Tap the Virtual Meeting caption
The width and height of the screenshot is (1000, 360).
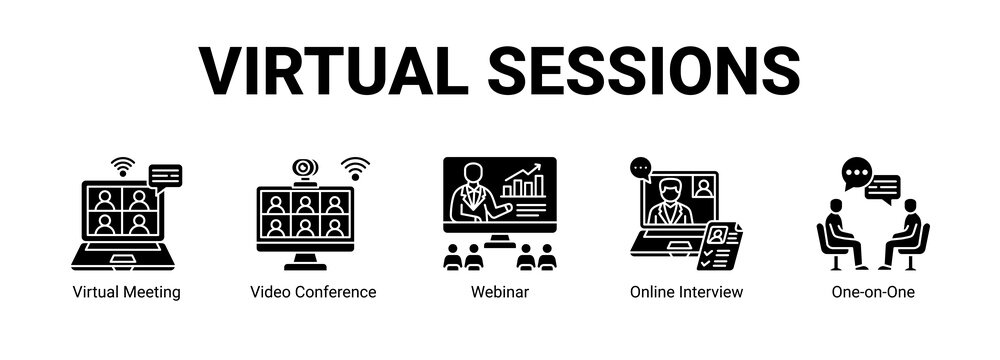coord(127,292)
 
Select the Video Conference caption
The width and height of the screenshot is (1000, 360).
coord(313,292)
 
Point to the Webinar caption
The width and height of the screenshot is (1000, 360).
coord(499,292)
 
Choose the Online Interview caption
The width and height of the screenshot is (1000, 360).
coord(686,292)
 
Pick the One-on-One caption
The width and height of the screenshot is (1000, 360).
coord(873,292)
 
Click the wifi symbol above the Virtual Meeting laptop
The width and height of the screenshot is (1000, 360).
coord(122,165)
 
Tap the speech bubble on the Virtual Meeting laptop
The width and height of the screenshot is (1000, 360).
coord(165,178)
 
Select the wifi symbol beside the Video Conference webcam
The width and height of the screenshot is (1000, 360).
coord(355,167)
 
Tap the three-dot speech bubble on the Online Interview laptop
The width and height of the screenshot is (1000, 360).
coord(641,169)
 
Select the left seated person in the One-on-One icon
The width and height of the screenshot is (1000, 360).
coord(841,233)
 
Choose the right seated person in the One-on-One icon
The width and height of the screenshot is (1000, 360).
coord(906,233)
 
